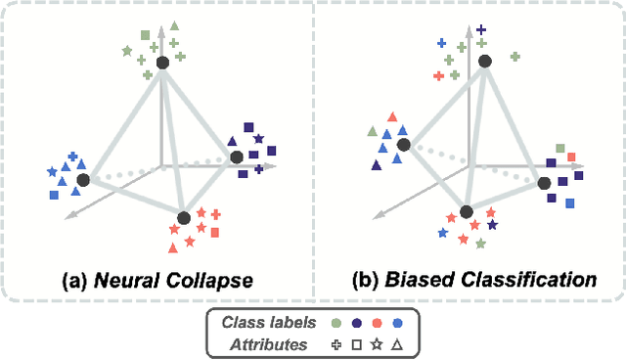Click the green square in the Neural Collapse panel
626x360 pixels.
tap(146, 35)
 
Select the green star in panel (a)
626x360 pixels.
tap(127, 49)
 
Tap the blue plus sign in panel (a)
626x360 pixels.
tap(73, 157)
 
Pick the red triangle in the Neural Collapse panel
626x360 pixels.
tap(175, 230)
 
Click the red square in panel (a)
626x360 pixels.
tap(215, 232)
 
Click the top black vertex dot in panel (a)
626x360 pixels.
tap(163, 63)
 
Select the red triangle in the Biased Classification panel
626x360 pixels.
tap(392, 116)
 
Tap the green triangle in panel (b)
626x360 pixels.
tap(372, 131)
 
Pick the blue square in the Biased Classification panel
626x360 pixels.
tap(569, 202)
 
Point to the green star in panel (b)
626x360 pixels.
tap(480, 242)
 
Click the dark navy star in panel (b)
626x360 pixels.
tap(492, 225)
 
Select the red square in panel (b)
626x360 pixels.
tap(571, 157)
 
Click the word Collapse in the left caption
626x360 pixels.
tap(206, 281)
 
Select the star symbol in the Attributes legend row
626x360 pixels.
tap(377, 344)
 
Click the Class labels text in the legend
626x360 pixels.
tap(270, 323)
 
